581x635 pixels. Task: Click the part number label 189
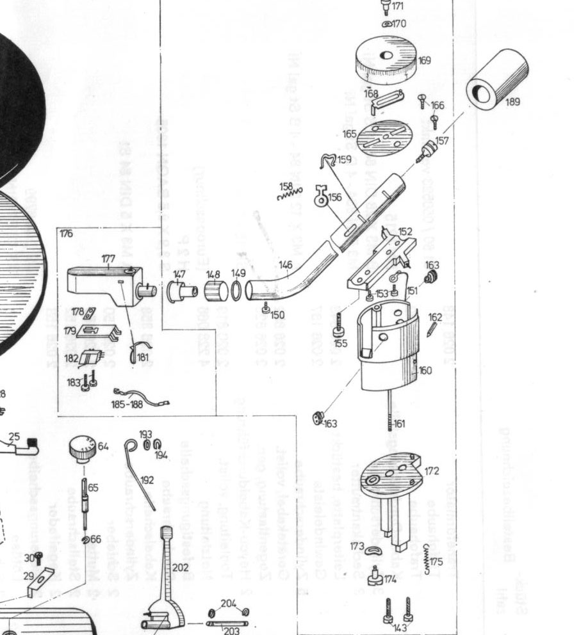512,101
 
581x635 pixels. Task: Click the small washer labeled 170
388,24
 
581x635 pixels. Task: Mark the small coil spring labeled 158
289,193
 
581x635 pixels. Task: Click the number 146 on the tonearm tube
286,264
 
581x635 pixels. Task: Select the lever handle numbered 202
168,576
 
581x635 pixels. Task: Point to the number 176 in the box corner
67,234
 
